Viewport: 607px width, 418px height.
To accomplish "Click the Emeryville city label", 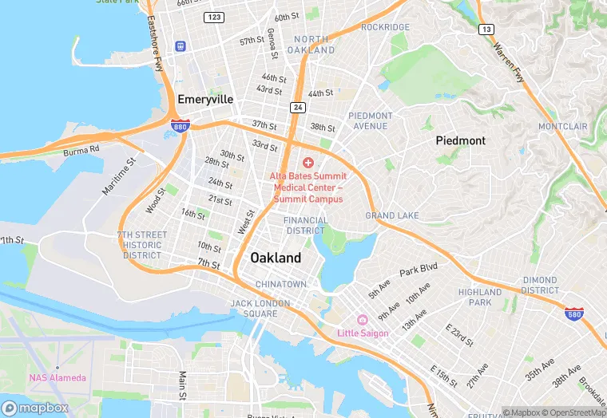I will pyautogui.click(x=205, y=100).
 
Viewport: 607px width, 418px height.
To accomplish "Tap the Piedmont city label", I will pyautogui.click(x=460, y=140).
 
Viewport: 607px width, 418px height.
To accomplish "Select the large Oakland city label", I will pyautogui.click(x=276, y=258).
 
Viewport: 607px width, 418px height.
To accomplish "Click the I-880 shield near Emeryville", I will pyautogui.click(x=180, y=125).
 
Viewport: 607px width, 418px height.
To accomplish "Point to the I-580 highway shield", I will pyautogui.click(x=573, y=314).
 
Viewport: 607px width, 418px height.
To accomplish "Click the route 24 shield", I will pyautogui.click(x=297, y=107).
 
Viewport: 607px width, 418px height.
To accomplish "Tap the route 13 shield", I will pyautogui.click(x=486, y=30).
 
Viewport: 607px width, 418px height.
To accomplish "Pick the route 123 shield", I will pyautogui.click(x=213, y=17).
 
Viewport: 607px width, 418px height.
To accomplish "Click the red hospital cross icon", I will pyautogui.click(x=308, y=162).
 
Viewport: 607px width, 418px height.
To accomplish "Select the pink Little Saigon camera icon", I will pyautogui.click(x=363, y=320).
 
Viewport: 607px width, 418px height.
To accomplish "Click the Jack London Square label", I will pyautogui.click(x=254, y=308).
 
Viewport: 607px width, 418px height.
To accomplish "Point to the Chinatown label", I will pyautogui.click(x=280, y=284).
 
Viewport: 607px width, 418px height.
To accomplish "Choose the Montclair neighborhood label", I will pyautogui.click(x=562, y=127).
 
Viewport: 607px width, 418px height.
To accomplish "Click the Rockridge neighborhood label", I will pyautogui.click(x=385, y=27).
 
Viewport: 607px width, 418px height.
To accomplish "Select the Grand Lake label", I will pyautogui.click(x=392, y=215).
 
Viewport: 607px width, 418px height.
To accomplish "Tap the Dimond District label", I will pyautogui.click(x=540, y=285).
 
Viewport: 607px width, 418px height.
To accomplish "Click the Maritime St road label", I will pyautogui.click(x=120, y=176).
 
